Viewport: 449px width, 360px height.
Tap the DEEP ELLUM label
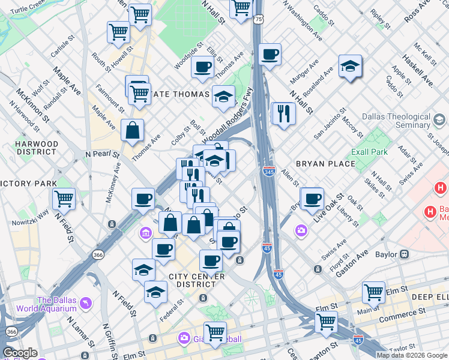430,297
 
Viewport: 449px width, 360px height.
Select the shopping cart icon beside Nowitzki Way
64,198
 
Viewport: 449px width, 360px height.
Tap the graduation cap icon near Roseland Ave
350,67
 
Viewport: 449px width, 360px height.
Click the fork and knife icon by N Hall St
283,113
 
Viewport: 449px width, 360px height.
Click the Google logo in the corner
20,353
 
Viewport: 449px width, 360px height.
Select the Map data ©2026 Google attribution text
411,355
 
